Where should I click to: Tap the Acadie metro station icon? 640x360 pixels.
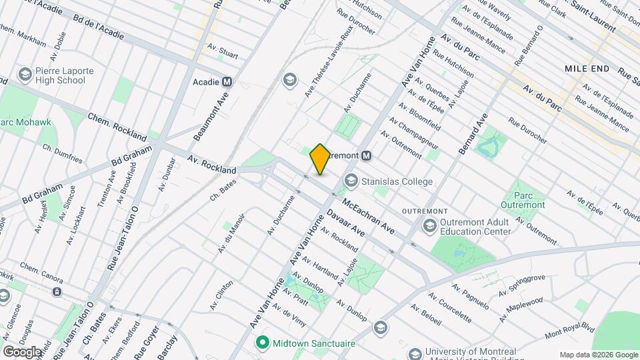click(x=228, y=82)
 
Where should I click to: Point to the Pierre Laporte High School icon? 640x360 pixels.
click(x=25, y=74)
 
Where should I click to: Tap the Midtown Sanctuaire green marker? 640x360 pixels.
click(x=263, y=343)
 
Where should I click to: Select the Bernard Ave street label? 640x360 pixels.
click(x=473, y=134)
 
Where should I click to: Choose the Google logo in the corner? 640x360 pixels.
click(x=22, y=351)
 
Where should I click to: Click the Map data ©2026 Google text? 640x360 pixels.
click(x=598, y=354)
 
